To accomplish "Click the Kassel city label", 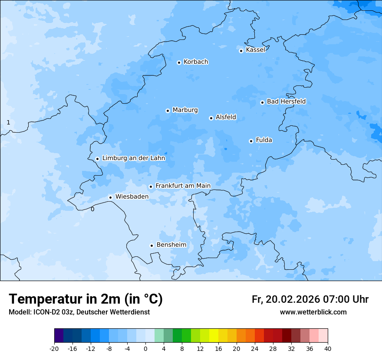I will [255, 50].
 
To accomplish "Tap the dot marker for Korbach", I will [179, 62].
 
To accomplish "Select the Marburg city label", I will [185, 110].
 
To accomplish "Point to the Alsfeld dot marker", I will [211, 118].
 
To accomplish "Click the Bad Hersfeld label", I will [286, 101].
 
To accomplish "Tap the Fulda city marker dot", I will [251, 141].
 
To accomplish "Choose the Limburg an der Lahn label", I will [133, 158].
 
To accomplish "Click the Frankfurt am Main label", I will [183, 186].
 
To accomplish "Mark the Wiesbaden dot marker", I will [111, 197].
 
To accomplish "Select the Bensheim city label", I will [171, 245].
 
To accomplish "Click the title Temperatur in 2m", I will [86, 299].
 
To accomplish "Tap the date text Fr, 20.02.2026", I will [286, 299].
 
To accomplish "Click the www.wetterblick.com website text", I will [313, 312].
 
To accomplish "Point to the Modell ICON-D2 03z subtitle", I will [79, 312].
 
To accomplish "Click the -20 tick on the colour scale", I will [54, 348].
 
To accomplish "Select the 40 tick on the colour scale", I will [327, 348].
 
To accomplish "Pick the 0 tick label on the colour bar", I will [145, 348].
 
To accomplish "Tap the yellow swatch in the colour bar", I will [214, 336].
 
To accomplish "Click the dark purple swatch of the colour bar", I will [59, 336].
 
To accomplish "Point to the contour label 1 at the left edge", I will [8, 123].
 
